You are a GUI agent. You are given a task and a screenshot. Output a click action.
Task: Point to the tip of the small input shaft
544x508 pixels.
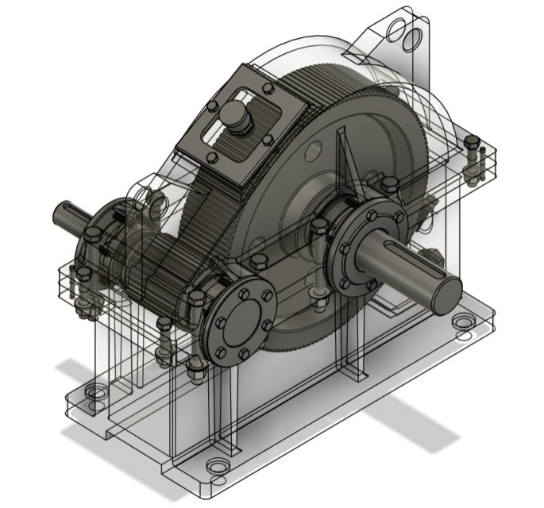point(60,212)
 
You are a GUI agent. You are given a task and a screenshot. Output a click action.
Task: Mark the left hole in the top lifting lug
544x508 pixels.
point(395,30)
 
